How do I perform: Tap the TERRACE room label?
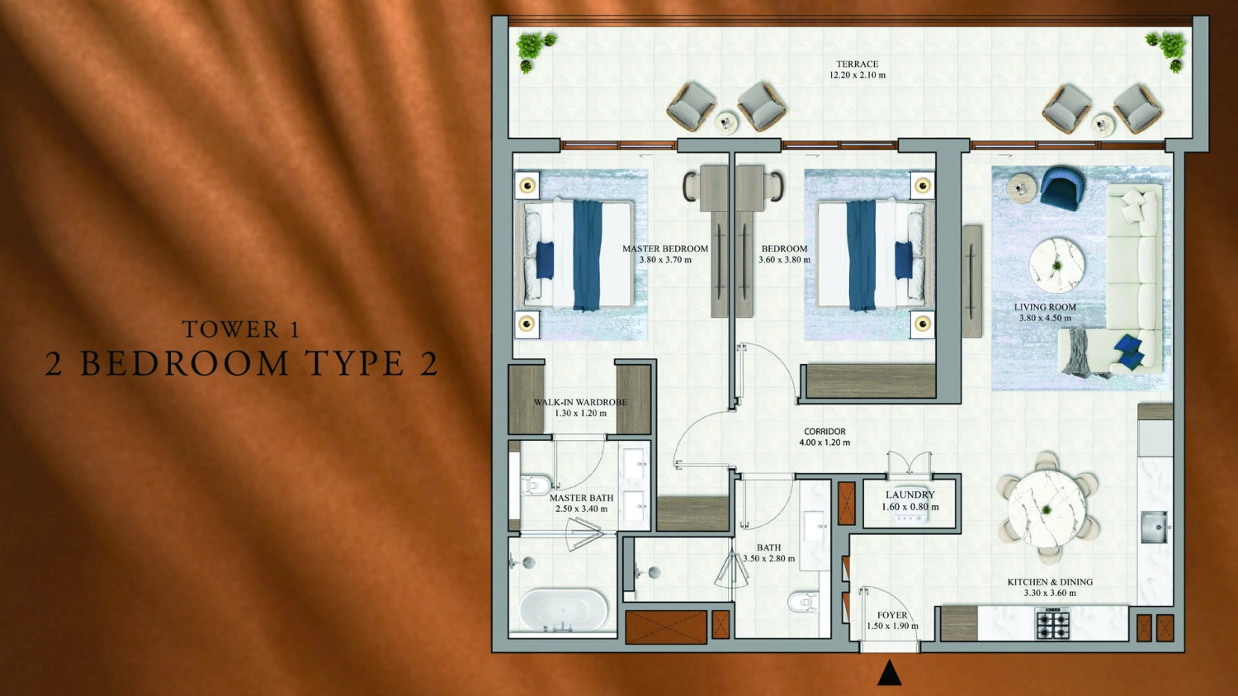pyautogui.click(x=857, y=64)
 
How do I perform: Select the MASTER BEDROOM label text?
pyautogui.click(x=664, y=249)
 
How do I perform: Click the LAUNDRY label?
pyautogui.click(x=910, y=495)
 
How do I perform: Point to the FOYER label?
pyautogui.click(x=891, y=615)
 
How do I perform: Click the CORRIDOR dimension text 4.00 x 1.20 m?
pyautogui.click(x=824, y=443)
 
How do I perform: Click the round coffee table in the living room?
pyautogui.click(x=1056, y=265)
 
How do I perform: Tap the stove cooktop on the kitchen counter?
pyautogui.click(x=1052, y=623)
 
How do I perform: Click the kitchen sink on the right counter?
pyautogui.click(x=1154, y=527)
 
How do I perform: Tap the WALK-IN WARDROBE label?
pyautogui.click(x=580, y=402)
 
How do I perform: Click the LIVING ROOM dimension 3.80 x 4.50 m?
pyautogui.click(x=1045, y=318)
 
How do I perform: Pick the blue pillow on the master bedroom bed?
pyautogui.click(x=545, y=259)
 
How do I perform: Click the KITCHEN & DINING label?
pyautogui.click(x=1049, y=582)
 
